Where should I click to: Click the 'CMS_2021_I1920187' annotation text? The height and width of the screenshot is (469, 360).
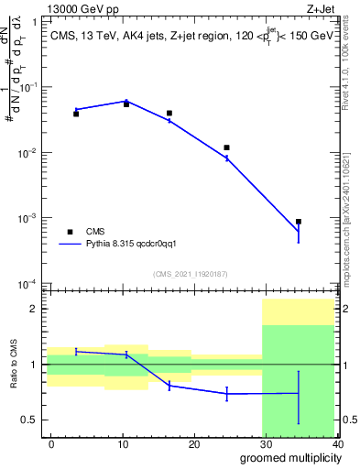[x=190, y=273]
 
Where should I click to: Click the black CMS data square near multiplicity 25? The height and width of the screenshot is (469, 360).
[x=226, y=147]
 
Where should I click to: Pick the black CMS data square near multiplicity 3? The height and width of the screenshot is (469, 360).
[x=76, y=114]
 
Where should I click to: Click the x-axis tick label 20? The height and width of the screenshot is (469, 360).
[x=195, y=443]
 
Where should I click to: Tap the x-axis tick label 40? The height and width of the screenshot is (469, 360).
[x=338, y=443]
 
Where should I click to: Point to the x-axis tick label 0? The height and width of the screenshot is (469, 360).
[x=51, y=443]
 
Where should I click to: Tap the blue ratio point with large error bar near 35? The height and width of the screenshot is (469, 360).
[x=299, y=393]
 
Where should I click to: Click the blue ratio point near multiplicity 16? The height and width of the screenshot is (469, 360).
[x=169, y=386]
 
